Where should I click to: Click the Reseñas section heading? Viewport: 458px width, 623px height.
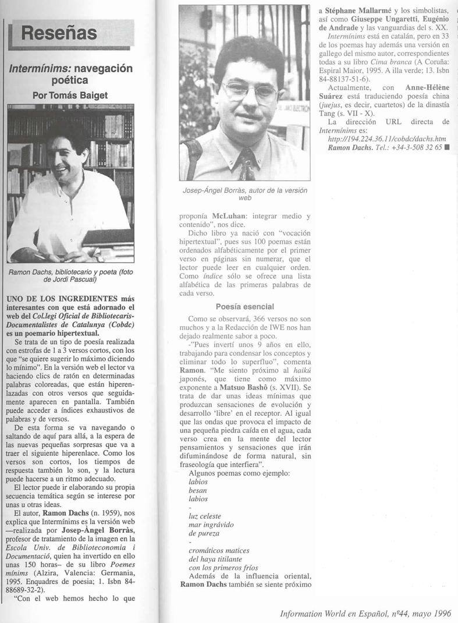click(x=59, y=33)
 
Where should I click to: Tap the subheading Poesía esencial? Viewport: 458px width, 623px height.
click(x=244, y=306)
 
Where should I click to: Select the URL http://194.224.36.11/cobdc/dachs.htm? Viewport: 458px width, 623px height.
click(x=387, y=139)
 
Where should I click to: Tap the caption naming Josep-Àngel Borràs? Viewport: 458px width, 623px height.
click(x=244, y=194)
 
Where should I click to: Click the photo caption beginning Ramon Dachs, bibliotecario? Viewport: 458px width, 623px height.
click(x=72, y=275)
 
